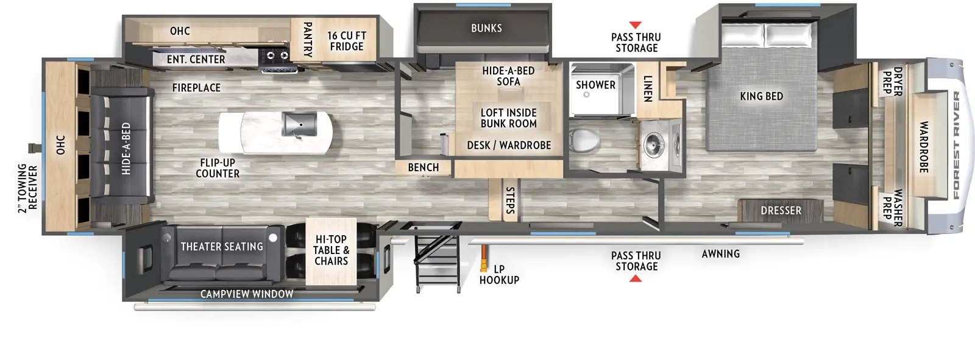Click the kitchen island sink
click(299, 125)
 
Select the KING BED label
click(761, 96)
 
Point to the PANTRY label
click(308, 40)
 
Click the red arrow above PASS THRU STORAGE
click(635, 25)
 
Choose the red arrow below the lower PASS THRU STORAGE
click(635, 279)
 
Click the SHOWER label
click(595, 85)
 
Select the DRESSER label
click(781, 211)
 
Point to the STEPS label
click(510, 200)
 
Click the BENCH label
click(423, 168)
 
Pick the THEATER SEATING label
click(222, 247)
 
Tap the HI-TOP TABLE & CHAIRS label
click(331, 250)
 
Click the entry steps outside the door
click(436, 262)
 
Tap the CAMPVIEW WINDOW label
click(247, 294)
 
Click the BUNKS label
click(486, 28)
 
